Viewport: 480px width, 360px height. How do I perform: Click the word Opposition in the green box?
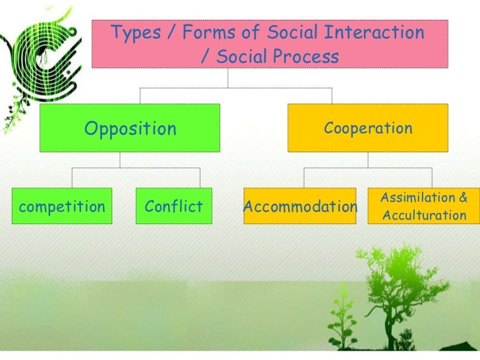tap(131, 129)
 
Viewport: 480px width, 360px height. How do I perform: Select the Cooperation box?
tap(368, 128)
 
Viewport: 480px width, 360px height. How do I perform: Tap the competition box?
tap(62, 207)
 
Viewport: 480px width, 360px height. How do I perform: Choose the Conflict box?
tap(173, 207)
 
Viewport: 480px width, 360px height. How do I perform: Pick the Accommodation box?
tap(300, 207)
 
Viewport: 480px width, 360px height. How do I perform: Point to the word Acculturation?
tap(424, 216)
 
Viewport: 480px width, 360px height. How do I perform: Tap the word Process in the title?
tap(304, 57)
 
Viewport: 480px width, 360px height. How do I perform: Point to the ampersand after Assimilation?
tap(462, 198)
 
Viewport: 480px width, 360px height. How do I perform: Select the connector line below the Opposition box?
tap(119, 160)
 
